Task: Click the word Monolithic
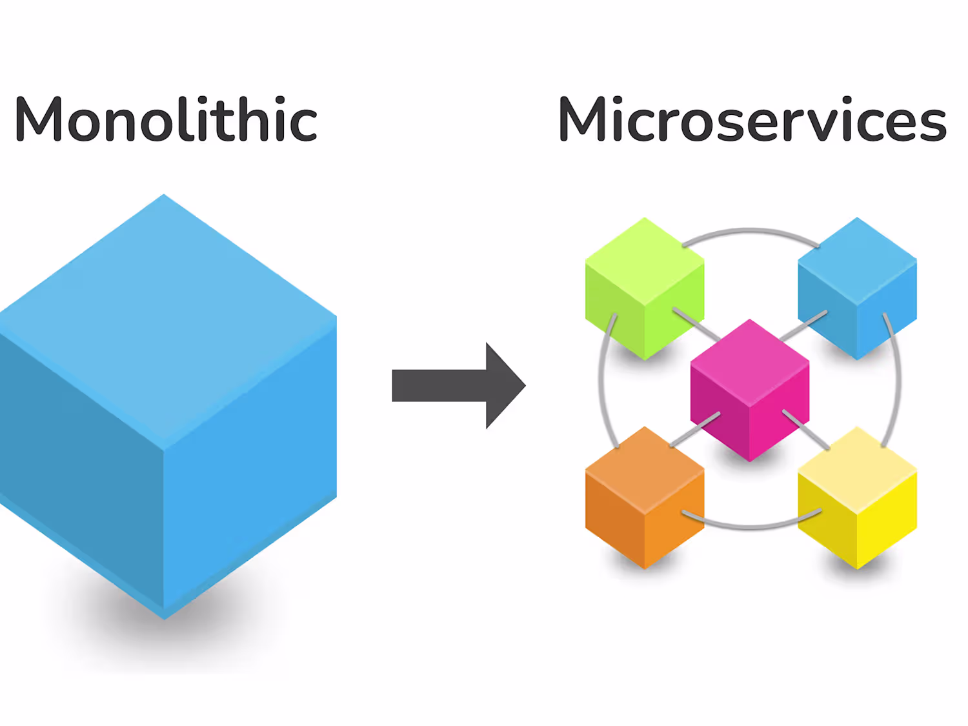[166, 119]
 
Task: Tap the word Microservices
[752, 119]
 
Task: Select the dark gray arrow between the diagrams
[452, 385]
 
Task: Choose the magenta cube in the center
[749, 390]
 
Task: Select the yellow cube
[857, 498]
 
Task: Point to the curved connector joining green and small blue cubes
[750, 230]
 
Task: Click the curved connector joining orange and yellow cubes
[751, 526]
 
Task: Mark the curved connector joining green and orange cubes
[601, 381]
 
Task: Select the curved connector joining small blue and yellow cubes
[898, 381]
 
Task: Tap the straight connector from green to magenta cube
[696, 324]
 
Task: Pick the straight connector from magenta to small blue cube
[803, 325]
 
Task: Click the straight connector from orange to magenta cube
[694, 430]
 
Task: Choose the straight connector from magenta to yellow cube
[806, 429]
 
